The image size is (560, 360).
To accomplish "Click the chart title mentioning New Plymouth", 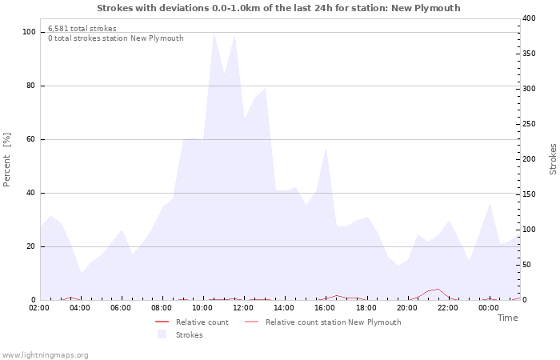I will click(278, 8).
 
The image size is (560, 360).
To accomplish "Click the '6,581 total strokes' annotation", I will click(82, 29).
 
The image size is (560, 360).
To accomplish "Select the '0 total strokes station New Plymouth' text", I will click(115, 38).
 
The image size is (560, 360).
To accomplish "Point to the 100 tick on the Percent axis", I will click(29, 32).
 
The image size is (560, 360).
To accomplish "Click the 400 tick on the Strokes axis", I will click(530, 18).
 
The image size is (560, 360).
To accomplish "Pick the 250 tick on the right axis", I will click(530, 124).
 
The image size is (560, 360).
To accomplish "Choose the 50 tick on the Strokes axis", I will click(527, 265).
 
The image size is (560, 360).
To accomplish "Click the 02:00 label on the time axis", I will click(39, 307).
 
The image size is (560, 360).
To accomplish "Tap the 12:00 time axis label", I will click(243, 307).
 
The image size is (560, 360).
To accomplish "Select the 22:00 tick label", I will click(447, 307).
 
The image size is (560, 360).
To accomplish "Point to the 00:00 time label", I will click(488, 307).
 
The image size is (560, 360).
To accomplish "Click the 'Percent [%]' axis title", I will click(7, 160).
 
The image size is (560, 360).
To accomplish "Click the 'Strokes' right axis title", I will click(553, 159).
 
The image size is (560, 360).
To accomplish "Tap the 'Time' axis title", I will click(507, 318).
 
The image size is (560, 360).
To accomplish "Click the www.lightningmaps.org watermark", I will click(45, 354).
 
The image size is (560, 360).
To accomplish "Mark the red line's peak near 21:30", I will click(438, 289).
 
